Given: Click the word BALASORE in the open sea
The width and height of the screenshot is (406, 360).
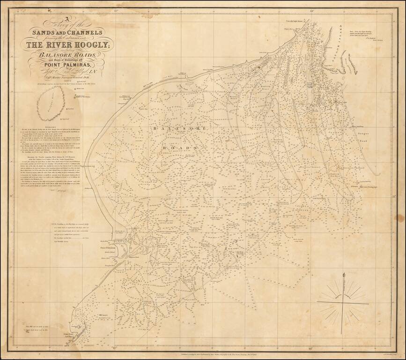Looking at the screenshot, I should pos(161,127).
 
